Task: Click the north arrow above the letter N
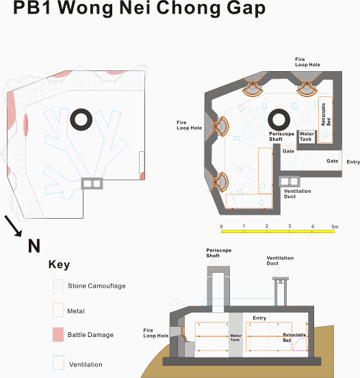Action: pyautogui.click(x=13, y=226)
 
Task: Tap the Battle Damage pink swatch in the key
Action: pyautogui.click(x=58, y=334)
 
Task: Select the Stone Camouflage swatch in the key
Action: pyautogui.click(x=58, y=286)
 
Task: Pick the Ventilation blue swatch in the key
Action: pyautogui.click(x=58, y=362)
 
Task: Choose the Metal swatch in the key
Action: pyautogui.click(x=58, y=310)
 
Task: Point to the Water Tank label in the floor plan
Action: pyautogui.click(x=307, y=137)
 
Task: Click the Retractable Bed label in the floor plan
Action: pyautogui.click(x=326, y=115)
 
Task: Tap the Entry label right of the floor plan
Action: pyautogui.click(x=353, y=162)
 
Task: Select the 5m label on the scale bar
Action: pyautogui.click(x=335, y=227)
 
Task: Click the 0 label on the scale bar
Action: pyautogui.click(x=222, y=227)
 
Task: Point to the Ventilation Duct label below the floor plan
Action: pyautogui.click(x=297, y=194)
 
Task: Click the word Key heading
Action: pyautogui.click(x=59, y=265)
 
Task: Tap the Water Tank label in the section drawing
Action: pyautogui.click(x=235, y=338)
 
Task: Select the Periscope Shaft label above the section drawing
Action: pyautogui.click(x=219, y=253)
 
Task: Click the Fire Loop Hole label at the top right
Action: pyautogui.click(x=307, y=62)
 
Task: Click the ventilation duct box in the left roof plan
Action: pyautogui.click(x=92, y=183)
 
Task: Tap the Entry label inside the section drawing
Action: pyautogui.click(x=259, y=318)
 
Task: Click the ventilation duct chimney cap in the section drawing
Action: pyautogui.click(x=281, y=278)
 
